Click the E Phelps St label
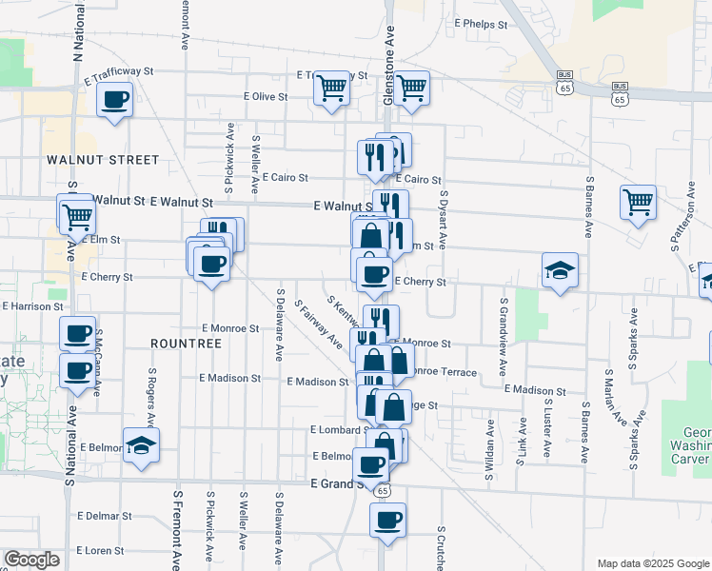tap(484, 23)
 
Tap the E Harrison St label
tap(33, 306)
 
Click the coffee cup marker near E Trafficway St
tap(115, 101)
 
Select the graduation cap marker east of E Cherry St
tap(561, 270)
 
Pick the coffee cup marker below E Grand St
tap(387, 522)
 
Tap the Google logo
tap(32, 560)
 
